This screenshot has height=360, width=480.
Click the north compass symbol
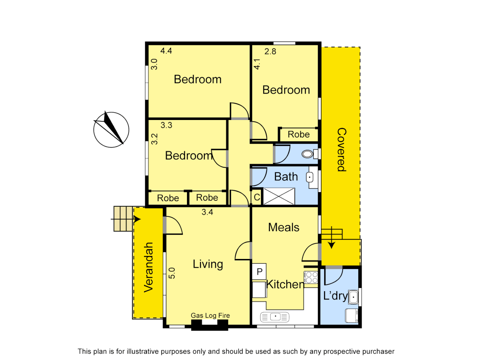(x=111, y=130)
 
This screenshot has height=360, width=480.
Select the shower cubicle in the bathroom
(x=279, y=196)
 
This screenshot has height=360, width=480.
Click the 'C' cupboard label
(x=257, y=197)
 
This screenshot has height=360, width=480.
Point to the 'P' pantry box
(x=259, y=272)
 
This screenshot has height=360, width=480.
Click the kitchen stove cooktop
(x=311, y=278)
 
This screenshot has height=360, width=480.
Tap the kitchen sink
(x=275, y=317)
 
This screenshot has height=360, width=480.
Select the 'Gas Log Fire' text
(x=210, y=315)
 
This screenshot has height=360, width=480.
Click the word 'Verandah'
(x=148, y=267)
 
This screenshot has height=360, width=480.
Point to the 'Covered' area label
(x=342, y=150)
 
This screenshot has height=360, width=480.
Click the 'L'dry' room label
(x=335, y=296)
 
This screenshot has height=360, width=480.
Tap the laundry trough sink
(x=353, y=297)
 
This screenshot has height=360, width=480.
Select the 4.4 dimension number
(x=166, y=51)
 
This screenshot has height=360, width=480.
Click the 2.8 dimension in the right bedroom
(x=270, y=52)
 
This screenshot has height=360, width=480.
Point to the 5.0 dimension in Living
(x=172, y=273)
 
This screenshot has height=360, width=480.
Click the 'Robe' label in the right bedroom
(x=299, y=134)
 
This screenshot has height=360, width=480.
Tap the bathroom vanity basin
(x=310, y=178)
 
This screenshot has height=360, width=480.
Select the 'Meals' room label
(x=284, y=227)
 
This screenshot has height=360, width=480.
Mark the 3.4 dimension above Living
(x=207, y=212)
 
